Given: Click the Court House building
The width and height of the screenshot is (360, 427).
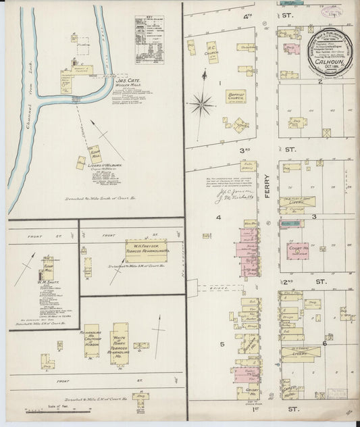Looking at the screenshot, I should pos(295,251).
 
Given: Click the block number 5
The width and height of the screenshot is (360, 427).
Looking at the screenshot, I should pos(221,343).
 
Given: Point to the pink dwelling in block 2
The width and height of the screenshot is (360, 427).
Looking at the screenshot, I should pos(292,49).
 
